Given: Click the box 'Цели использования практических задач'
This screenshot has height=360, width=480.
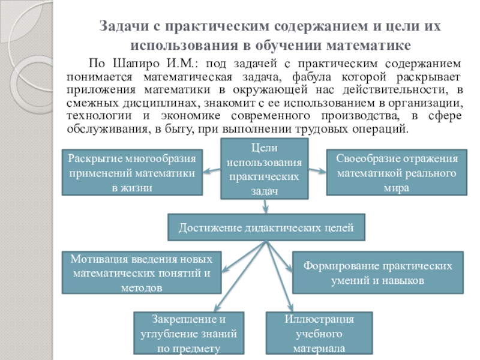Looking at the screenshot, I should pyautogui.click(x=265, y=169).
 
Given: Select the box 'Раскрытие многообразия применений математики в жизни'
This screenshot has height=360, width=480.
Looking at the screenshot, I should pyautogui.click(x=132, y=173).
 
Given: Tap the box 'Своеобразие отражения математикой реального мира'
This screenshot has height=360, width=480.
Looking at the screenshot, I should pyautogui.click(x=397, y=173).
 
